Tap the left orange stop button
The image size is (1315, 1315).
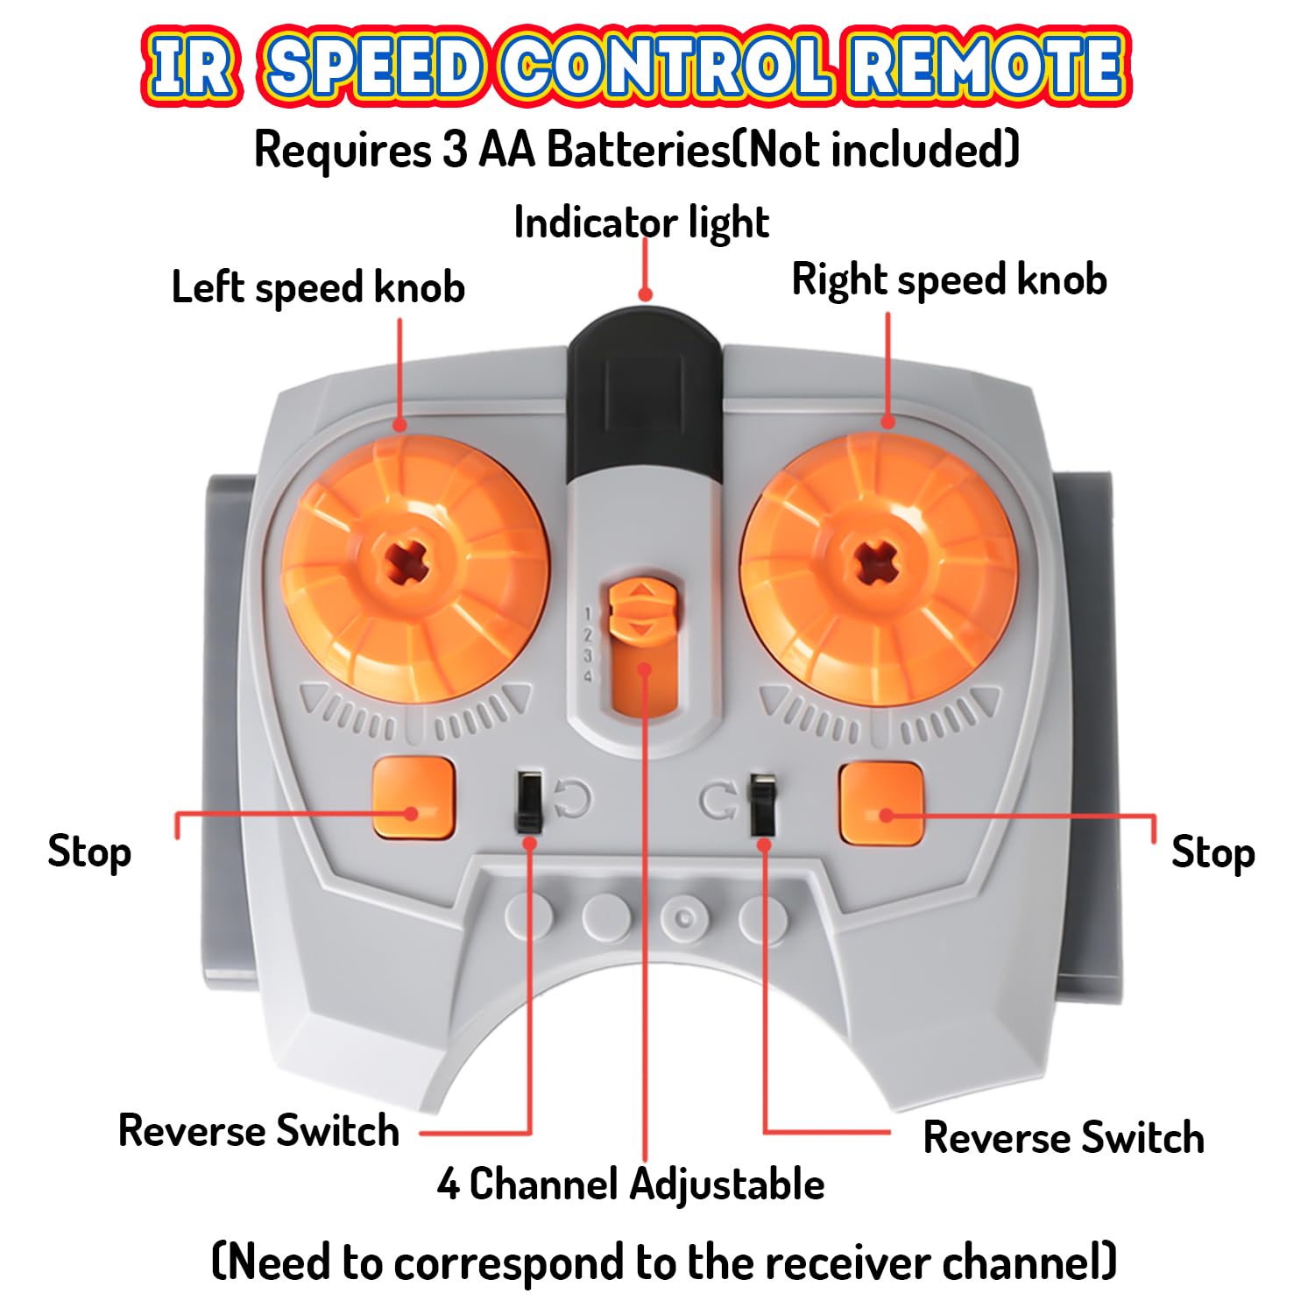(414, 797)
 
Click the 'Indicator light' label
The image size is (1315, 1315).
(641, 223)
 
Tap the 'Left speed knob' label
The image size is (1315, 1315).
(318, 287)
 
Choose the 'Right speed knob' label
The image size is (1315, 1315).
(949, 280)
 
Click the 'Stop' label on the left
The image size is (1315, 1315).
(89, 852)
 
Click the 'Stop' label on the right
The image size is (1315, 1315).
(1212, 852)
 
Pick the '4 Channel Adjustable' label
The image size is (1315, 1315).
(631, 1184)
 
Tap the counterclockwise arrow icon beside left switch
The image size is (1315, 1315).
(572, 798)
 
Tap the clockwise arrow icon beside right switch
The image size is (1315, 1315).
(718, 801)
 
